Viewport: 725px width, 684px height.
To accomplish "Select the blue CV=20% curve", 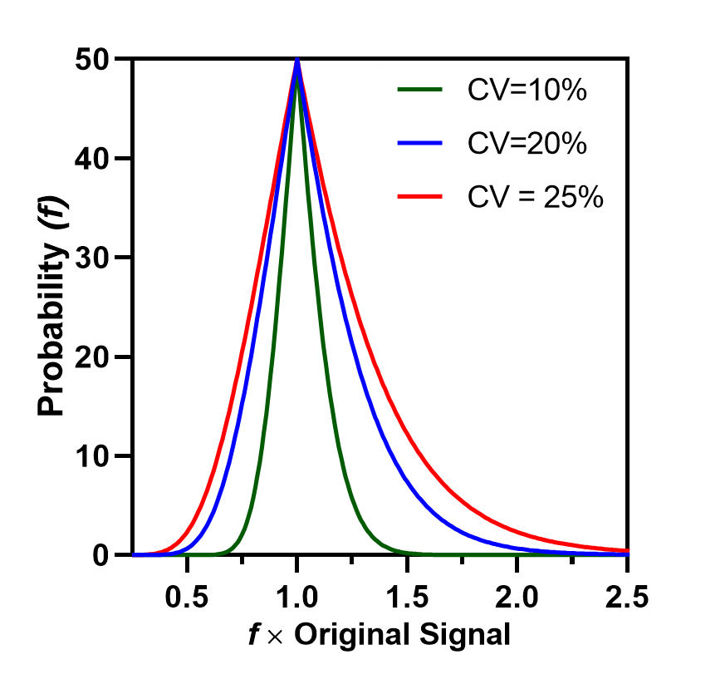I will pyautogui.click(x=382, y=416).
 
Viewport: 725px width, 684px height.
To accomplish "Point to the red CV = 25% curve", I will pyautogui.click(x=432, y=416).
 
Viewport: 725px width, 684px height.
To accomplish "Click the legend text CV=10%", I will pyautogui.click(x=527, y=90).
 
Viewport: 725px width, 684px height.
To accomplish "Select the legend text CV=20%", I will pyautogui.click(x=527, y=143).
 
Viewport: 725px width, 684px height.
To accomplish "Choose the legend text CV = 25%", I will pyautogui.click(x=535, y=197).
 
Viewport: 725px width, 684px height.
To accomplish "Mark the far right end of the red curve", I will pyautogui.click(x=629, y=550).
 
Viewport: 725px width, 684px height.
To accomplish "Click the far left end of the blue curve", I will pyautogui.click(x=135, y=554).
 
